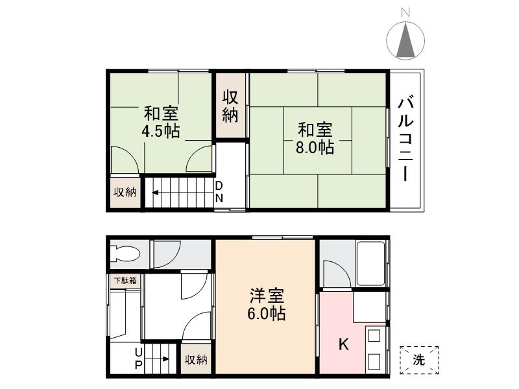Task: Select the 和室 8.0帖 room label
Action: (x=315, y=137)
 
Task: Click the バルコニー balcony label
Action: (x=407, y=139)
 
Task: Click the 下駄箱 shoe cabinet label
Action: (x=125, y=281)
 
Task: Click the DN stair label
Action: (x=219, y=192)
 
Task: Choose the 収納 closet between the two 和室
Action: (x=231, y=106)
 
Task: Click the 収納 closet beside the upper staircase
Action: (x=125, y=192)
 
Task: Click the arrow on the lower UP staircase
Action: (x=162, y=358)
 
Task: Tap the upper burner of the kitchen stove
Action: (x=374, y=336)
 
